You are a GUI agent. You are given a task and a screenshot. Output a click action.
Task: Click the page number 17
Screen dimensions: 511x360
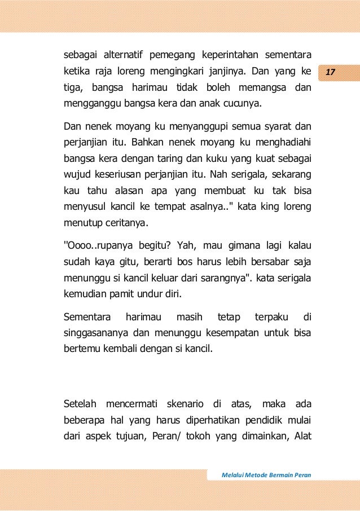(x=331, y=73)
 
